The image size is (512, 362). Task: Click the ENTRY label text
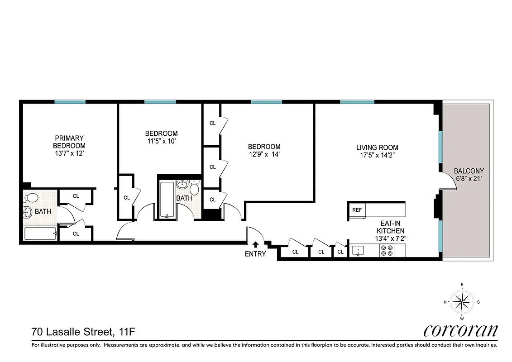pos(255,254)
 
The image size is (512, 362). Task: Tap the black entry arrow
pos(255,245)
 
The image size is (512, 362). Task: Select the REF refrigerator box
pos(357,210)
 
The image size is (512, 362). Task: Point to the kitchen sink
pos(359,251)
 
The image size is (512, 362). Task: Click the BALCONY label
pos(469,171)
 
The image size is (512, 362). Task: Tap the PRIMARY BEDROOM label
pos(69,142)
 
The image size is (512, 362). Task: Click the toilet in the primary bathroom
pos(32,198)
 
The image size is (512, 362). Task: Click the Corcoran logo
pos(460,331)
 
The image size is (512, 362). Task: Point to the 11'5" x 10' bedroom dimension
pos(161,141)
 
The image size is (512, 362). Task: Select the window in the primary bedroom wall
pos(70,102)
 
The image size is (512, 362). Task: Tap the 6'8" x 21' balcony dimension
pos(469,178)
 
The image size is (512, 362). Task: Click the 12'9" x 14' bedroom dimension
pos(264,154)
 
